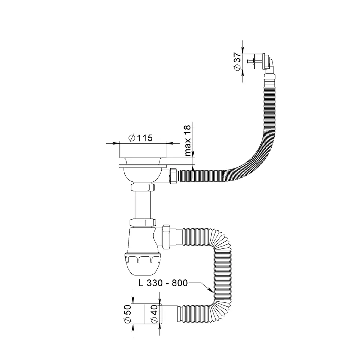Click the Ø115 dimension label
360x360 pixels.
coord(140,138)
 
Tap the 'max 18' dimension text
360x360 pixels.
coord(188,140)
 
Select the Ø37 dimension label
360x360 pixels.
coord(237,61)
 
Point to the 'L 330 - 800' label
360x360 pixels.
coord(163,283)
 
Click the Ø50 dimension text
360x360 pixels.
coord(128,314)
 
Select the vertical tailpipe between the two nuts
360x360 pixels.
coord(143,205)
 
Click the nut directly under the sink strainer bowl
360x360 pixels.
coord(143,187)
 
